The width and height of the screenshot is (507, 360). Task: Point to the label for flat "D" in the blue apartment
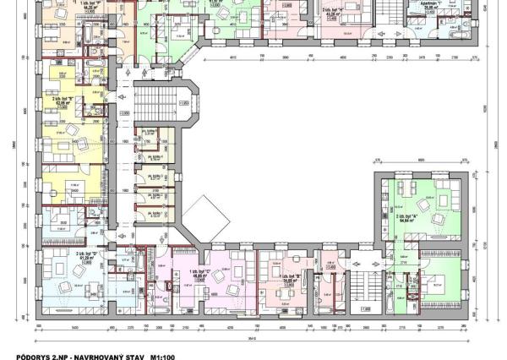point(88,255)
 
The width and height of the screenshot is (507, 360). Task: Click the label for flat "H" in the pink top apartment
point(332,11)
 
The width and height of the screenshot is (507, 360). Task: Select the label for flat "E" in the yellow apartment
point(63,99)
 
